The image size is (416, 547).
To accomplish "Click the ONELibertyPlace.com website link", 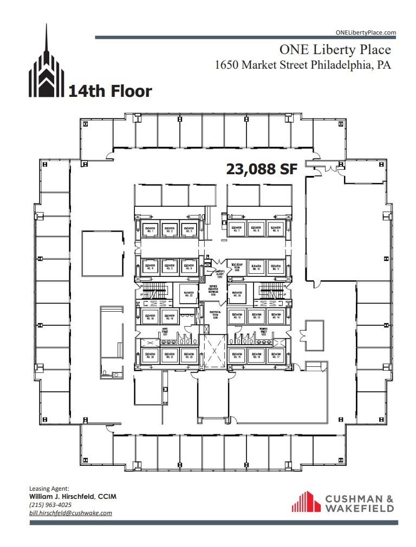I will (x=366, y=32).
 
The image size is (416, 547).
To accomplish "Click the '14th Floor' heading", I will (x=110, y=91).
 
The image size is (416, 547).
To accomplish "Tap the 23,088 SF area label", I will (x=262, y=169).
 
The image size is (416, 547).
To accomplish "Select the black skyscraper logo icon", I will (x=46, y=65).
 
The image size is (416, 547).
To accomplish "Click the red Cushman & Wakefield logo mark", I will (x=306, y=502).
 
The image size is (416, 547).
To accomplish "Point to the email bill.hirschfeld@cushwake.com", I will (x=70, y=513).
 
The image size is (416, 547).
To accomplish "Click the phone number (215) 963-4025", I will (x=50, y=505).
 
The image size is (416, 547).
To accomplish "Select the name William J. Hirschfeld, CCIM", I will (x=72, y=497).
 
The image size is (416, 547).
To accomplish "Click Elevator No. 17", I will (x=275, y=356).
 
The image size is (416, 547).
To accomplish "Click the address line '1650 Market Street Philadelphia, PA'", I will (x=303, y=65).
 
